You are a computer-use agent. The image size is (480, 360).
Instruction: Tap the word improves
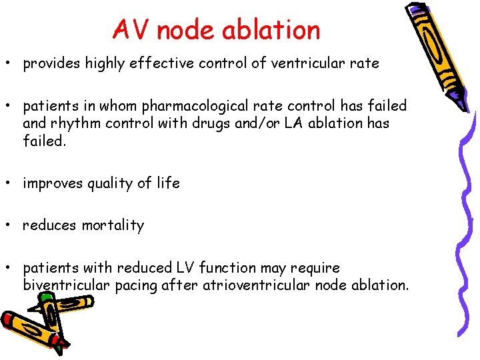click(52, 183)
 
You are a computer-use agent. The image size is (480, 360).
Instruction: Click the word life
click(167, 183)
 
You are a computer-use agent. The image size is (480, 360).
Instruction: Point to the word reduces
click(49, 225)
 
